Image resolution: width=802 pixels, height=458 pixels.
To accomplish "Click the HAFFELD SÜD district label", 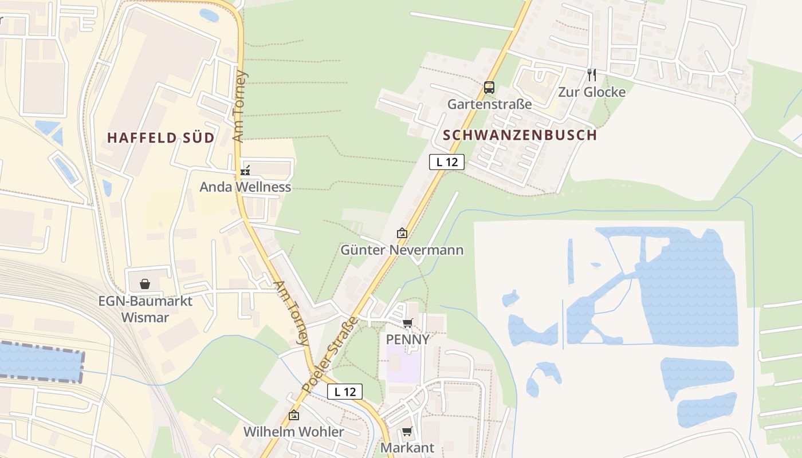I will (160, 137).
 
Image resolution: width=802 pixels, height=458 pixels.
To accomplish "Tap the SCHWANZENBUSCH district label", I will (520, 135).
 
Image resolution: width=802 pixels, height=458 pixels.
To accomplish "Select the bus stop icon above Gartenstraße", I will (489, 88).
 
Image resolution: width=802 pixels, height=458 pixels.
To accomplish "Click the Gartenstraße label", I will (489, 104).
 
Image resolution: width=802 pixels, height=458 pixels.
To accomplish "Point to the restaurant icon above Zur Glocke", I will (592, 74).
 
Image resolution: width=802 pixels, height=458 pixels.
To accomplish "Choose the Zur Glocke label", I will (592, 92).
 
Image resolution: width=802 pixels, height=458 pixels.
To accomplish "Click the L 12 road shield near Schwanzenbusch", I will (447, 162).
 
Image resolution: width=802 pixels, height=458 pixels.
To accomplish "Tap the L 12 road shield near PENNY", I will (345, 392).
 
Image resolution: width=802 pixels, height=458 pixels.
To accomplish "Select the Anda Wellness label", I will (245, 187).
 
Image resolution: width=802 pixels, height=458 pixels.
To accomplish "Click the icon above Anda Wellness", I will (245, 170).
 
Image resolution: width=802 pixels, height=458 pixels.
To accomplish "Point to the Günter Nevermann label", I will (402, 250).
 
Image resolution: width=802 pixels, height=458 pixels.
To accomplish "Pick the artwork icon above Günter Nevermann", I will (402, 233).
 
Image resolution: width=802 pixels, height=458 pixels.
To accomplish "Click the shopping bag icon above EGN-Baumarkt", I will (145, 284).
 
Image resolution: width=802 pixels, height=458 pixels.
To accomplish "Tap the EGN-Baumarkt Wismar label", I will (145, 309).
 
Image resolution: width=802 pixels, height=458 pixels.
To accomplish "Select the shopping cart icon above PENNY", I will (407, 323).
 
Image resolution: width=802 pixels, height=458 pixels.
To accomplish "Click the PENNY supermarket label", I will (407, 339).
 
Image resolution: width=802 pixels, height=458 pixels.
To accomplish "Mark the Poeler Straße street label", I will (329, 355).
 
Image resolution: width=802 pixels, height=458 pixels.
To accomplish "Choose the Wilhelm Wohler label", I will (294, 432).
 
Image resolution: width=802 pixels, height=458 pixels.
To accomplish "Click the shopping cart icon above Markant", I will (407, 431).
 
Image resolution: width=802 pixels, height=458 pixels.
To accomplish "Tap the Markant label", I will (407, 448).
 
